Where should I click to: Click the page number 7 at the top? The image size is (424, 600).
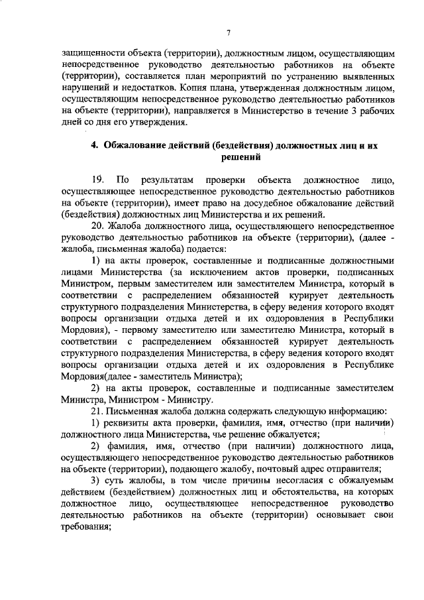[x=227, y=33]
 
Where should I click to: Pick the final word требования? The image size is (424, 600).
[x=85, y=528]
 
